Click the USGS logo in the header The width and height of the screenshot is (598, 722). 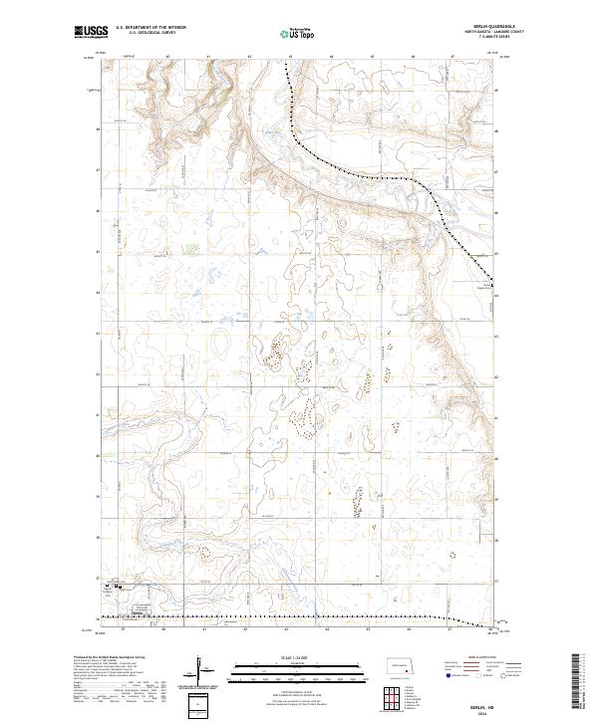90,33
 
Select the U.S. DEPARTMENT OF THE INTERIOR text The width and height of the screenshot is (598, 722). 150,28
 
